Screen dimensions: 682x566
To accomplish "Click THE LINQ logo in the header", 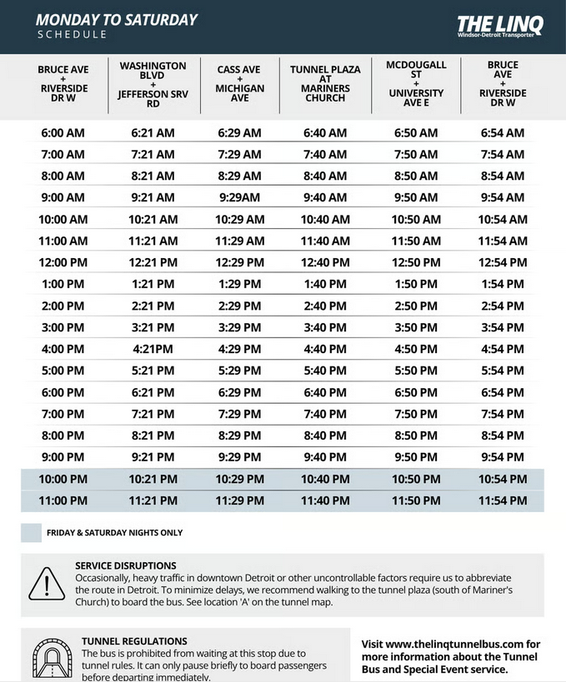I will click(500, 26).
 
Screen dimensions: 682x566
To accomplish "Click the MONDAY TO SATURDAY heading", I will click(117, 19).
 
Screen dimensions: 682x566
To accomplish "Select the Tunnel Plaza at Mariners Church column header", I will click(324, 84).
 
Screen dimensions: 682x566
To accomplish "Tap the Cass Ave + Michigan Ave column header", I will click(240, 84).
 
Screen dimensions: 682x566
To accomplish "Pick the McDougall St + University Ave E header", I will click(416, 84).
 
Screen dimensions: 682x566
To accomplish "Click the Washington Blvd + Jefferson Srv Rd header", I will click(153, 84).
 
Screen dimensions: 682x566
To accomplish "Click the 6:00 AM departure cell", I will click(63, 133).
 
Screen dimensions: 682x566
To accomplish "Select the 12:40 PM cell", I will click(324, 262).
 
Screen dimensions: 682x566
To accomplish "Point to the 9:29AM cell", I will click(240, 197).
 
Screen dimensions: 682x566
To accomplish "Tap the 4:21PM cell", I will click(153, 349).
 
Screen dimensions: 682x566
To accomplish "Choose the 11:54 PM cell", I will click(503, 500).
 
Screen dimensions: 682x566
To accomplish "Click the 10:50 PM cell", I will click(416, 479).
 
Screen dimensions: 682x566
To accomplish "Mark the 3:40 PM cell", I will click(324, 327).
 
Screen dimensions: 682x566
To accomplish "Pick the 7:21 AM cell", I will click(153, 155).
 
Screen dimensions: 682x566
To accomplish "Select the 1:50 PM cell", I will click(416, 284).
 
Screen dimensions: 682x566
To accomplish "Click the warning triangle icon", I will click(47, 583).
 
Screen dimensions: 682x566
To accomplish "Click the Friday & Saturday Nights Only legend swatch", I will click(31, 533).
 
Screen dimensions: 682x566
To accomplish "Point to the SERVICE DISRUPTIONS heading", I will click(125, 565).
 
